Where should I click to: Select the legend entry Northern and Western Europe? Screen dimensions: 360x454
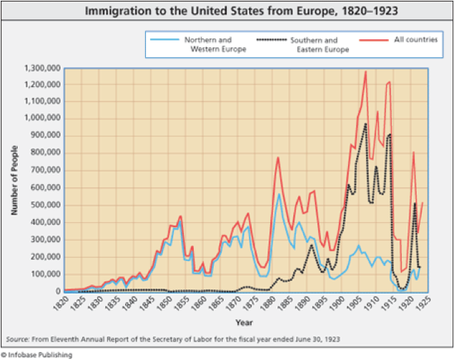point(214,45)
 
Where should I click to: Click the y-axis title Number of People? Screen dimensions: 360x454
point(14,179)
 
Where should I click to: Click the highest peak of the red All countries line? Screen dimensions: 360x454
point(365,71)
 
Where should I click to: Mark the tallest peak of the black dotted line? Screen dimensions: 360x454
point(365,124)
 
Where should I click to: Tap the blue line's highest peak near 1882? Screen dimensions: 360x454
point(278,194)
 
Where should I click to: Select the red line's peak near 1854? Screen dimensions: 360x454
point(180,216)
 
